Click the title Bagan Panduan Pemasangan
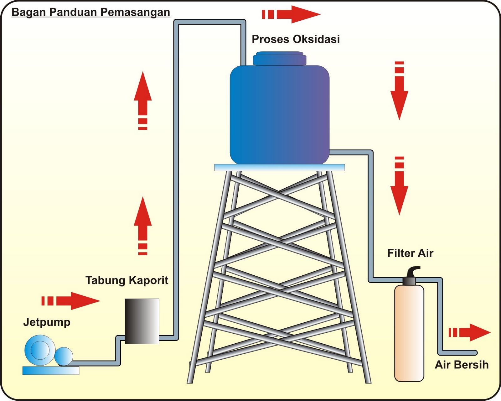point(91,13)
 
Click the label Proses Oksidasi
point(296,39)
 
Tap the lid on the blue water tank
point(279,59)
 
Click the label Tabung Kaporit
point(127,280)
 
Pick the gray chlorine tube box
point(142,321)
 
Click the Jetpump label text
point(47,322)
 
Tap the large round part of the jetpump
point(40,350)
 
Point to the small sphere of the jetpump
point(64,357)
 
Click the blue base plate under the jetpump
point(51,371)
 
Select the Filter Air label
point(410,253)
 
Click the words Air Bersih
point(462,365)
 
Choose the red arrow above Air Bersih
point(470,332)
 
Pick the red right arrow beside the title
point(291,14)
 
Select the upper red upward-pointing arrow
point(143,100)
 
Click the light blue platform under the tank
point(279,167)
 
